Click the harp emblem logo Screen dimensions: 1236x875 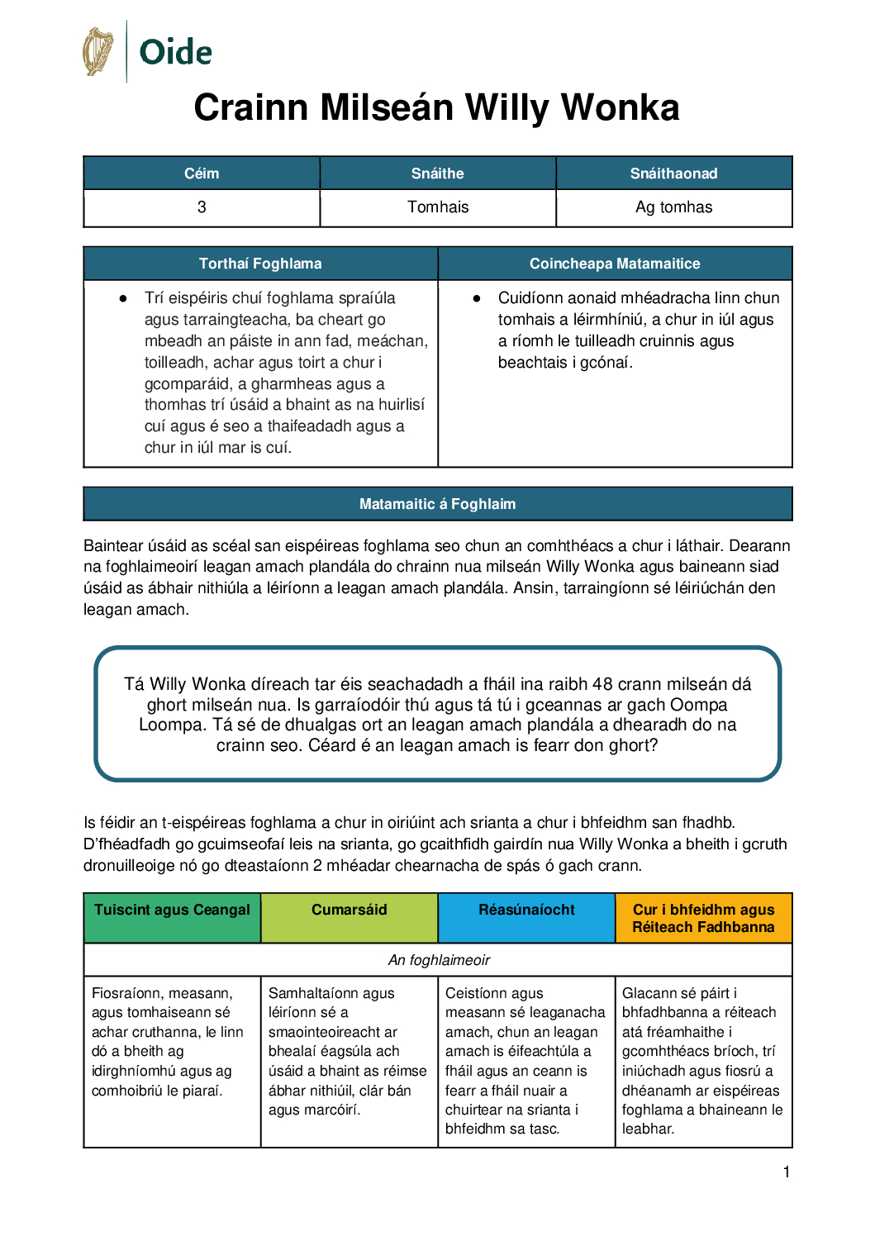[97, 51]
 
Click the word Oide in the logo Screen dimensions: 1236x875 [175, 52]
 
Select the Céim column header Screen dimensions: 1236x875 [202, 174]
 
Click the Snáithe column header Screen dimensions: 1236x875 [437, 174]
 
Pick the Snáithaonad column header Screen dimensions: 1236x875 [673, 174]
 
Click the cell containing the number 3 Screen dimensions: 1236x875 [202, 207]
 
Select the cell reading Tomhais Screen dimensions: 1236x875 [437, 207]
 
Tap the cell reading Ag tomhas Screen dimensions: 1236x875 [673, 207]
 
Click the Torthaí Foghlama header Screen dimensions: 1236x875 [260, 264]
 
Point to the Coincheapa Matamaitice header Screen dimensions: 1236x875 [615, 264]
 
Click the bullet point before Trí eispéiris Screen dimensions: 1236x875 [123, 298]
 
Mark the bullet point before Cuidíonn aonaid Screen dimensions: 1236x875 [477, 298]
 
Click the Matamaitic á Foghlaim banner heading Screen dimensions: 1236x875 [437, 504]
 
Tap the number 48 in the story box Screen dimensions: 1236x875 [602, 684]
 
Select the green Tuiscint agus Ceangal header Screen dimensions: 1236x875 [172, 910]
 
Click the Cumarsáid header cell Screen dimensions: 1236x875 [349, 910]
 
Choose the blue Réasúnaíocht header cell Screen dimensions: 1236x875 [526, 910]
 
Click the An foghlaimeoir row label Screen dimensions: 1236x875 [439, 960]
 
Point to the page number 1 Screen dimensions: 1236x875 [787, 1172]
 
